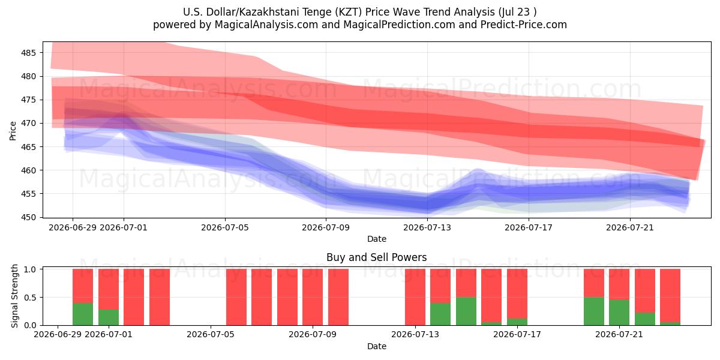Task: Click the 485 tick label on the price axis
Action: (x=28, y=53)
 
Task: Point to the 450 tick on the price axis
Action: (x=28, y=217)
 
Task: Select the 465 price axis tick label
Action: (x=28, y=147)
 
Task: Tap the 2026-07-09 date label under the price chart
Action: (x=326, y=227)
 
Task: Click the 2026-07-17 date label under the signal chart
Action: (x=517, y=334)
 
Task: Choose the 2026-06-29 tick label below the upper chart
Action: (x=73, y=227)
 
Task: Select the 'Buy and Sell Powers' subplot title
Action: (x=376, y=257)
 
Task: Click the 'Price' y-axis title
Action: (x=13, y=131)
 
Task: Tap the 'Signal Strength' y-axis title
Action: (x=14, y=296)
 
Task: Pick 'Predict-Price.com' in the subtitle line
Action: (x=524, y=25)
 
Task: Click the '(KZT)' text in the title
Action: (x=349, y=12)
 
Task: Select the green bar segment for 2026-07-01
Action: (x=109, y=317)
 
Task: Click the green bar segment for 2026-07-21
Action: (x=619, y=313)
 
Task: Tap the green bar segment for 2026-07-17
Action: (x=517, y=322)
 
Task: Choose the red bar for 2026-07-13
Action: (x=415, y=297)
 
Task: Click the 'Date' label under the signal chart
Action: (x=377, y=346)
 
